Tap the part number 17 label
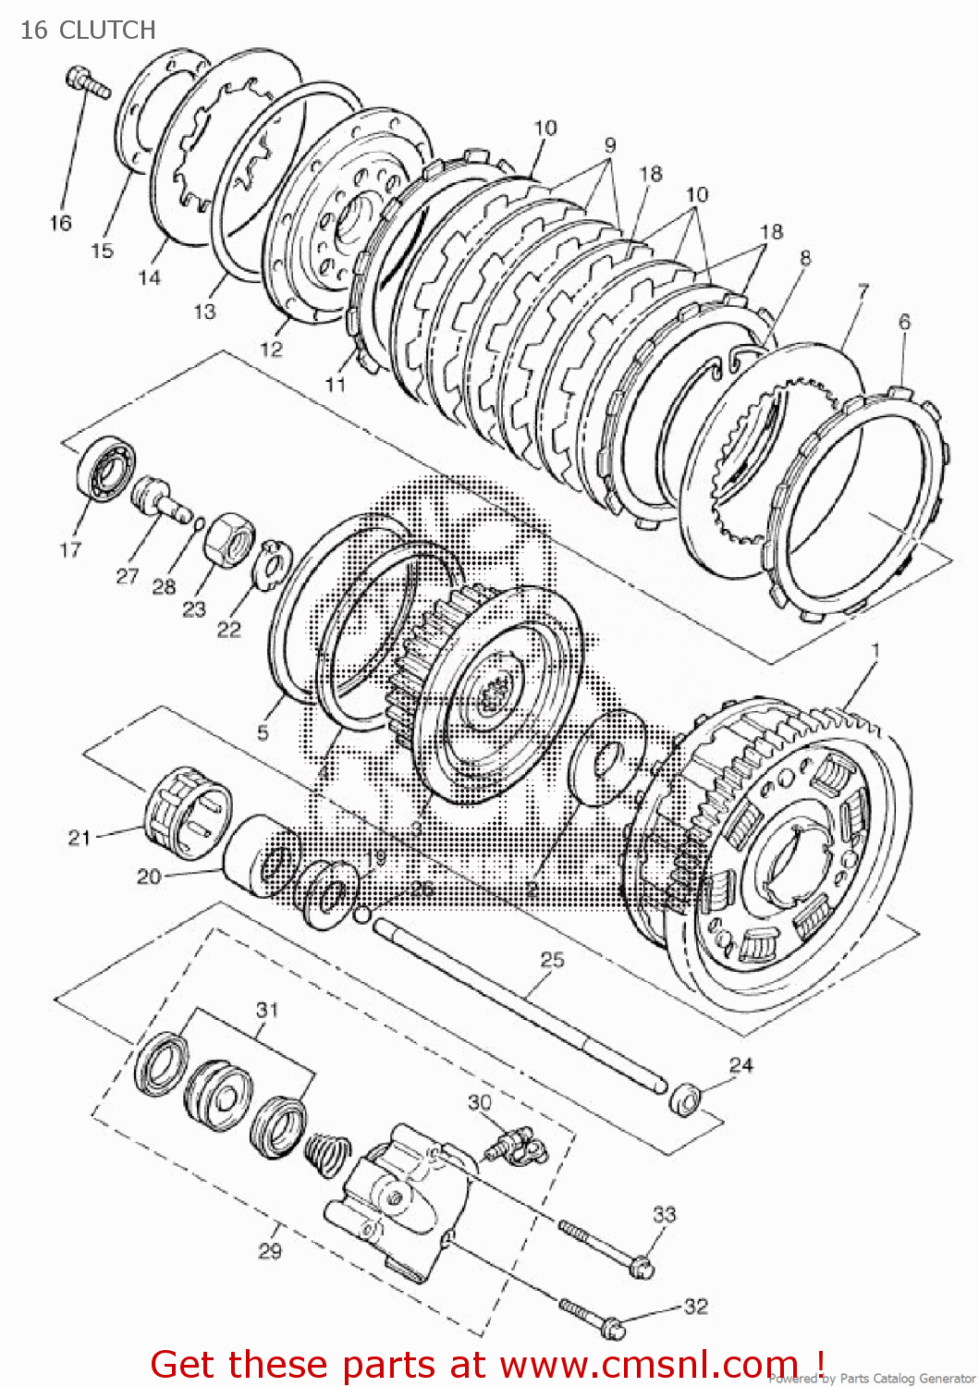click(x=70, y=550)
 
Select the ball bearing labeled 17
click(x=104, y=471)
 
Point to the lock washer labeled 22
click(x=274, y=560)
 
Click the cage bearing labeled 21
click(x=188, y=808)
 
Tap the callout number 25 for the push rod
click(x=552, y=960)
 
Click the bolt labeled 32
click(x=592, y=1319)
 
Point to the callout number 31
click(x=267, y=1010)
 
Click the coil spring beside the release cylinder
click(x=327, y=1150)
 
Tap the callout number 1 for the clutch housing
click(x=875, y=651)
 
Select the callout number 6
click(x=904, y=322)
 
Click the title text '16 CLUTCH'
click(x=89, y=31)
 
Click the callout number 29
click(x=269, y=1251)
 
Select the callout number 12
click(x=271, y=350)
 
